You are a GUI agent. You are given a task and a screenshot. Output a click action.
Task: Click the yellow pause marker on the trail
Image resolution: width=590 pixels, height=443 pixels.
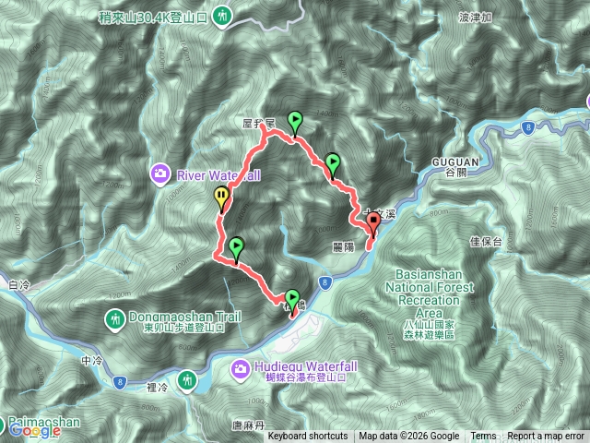(x=221, y=195)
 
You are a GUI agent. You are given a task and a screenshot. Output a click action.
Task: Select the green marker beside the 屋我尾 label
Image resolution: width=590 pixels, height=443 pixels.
(x=295, y=119)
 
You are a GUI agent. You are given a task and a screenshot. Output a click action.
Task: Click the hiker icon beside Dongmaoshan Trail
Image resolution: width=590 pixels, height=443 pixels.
(x=115, y=319)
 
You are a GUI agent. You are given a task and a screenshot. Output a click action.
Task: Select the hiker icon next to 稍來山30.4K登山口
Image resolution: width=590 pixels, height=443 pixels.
(x=224, y=15)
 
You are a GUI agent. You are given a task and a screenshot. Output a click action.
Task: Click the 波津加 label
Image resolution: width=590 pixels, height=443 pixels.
(x=477, y=17)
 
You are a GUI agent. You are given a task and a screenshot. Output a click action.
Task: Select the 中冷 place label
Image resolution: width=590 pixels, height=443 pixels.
(x=90, y=361)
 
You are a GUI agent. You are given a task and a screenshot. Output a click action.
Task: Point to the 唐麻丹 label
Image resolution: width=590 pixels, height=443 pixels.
(x=249, y=425)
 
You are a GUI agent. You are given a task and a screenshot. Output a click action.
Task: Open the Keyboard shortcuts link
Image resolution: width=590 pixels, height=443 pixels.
(x=308, y=437)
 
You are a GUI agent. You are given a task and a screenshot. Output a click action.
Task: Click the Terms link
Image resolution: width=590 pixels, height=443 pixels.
(x=483, y=437)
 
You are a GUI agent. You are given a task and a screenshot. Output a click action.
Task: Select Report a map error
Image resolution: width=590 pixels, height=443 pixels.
(x=546, y=437)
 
